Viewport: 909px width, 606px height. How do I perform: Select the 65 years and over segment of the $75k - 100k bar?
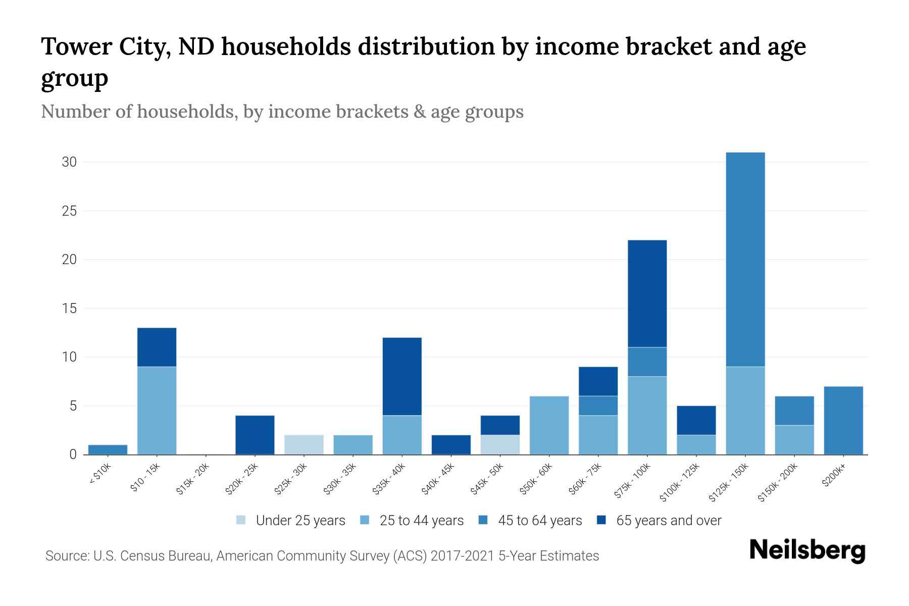pos(647,293)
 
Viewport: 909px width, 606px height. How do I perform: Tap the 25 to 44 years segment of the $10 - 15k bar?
pos(157,410)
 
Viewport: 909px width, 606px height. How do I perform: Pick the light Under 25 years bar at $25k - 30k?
pos(304,444)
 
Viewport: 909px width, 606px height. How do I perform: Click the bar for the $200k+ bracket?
pos(843,420)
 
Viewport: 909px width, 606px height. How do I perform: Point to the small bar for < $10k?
pos(108,449)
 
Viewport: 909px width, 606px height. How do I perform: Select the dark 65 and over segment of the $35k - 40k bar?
pos(402,376)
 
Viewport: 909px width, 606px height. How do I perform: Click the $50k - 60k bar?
pos(549,425)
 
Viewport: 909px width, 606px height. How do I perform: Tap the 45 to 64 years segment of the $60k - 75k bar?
pos(598,406)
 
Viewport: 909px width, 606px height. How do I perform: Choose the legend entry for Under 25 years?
pos(290,521)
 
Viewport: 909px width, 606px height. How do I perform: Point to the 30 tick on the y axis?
pos(69,162)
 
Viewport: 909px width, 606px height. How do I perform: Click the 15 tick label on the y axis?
pos(69,308)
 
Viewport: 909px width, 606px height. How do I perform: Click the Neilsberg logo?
pos(807,550)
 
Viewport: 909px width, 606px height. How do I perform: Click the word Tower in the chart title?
pos(76,47)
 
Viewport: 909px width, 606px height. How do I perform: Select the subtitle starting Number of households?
pos(282,112)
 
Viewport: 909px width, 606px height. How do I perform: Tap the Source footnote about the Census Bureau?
pos(322,556)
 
